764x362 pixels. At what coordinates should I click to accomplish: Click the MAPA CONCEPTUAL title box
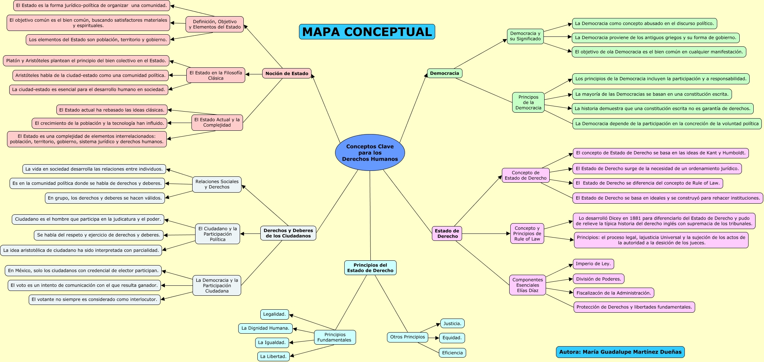(x=367, y=32)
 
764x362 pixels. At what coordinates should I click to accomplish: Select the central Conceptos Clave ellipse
(x=370, y=152)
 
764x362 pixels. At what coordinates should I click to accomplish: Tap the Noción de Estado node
(x=286, y=73)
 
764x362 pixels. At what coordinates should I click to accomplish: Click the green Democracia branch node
(x=444, y=73)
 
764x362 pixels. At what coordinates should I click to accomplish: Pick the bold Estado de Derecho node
(x=447, y=233)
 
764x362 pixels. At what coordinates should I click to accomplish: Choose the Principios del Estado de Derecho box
(x=370, y=268)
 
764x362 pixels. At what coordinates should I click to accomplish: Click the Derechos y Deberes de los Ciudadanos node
(x=288, y=233)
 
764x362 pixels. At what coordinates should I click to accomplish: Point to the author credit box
(x=620, y=352)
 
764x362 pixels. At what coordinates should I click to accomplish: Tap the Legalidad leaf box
(x=274, y=314)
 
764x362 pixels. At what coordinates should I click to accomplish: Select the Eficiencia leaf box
(x=452, y=353)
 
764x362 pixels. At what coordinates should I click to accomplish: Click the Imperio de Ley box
(x=593, y=264)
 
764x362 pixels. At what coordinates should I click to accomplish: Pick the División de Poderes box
(x=598, y=279)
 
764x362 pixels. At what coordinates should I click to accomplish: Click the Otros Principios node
(x=407, y=337)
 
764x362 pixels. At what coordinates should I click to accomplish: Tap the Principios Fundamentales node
(x=335, y=337)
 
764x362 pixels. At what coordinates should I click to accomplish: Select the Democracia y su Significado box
(x=525, y=36)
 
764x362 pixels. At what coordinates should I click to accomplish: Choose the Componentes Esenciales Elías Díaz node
(x=527, y=285)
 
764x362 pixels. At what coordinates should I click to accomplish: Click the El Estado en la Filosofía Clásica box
(x=215, y=75)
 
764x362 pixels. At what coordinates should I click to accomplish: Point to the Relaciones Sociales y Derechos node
(x=217, y=184)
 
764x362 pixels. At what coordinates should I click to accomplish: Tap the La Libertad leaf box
(x=273, y=356)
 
